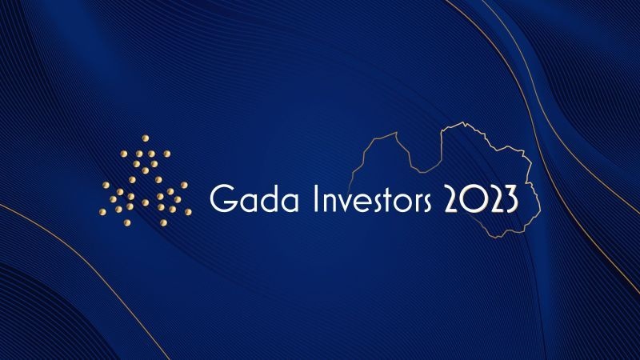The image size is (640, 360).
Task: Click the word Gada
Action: (x=254, y=198)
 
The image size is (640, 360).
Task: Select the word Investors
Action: (x=372, y=198)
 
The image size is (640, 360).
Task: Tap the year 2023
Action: (x=481, y=198)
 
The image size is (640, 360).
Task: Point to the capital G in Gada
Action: (x=222, y=198)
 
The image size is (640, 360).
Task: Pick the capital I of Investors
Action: (x=315, y=198)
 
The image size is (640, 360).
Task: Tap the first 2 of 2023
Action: (x=452, y=198)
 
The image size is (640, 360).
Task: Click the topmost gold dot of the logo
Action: (x=146, y=138)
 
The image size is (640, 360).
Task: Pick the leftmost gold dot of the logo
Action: (x=102, y=211)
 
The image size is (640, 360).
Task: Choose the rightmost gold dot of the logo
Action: (x=188, y=212)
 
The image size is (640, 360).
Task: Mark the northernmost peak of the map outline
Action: (x=463, y=122)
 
